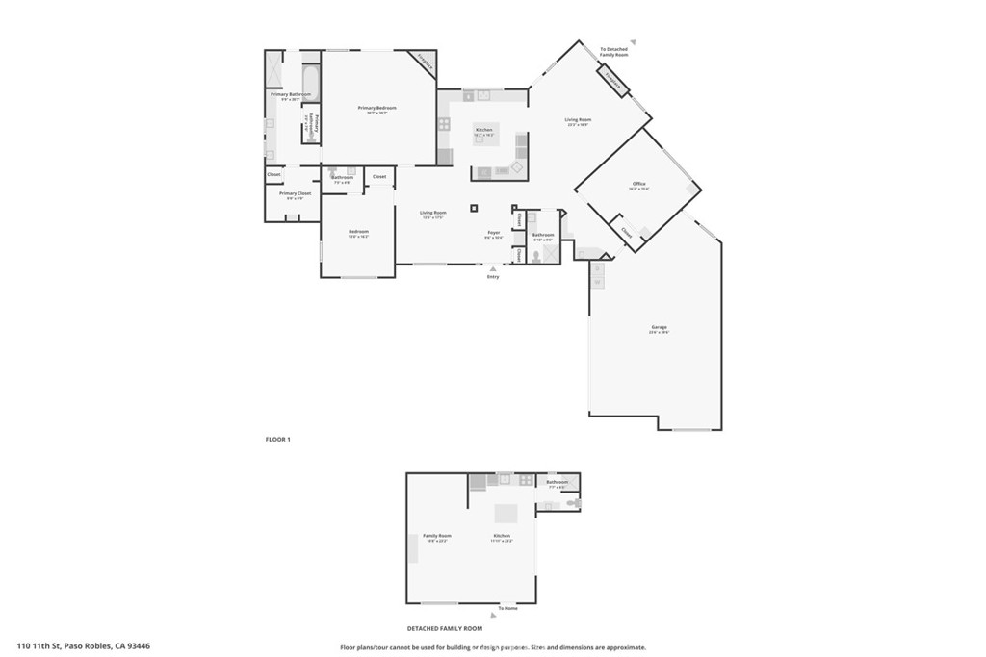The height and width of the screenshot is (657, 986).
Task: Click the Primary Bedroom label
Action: tap(377, 109)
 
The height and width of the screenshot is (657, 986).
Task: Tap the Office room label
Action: tap(638, 184)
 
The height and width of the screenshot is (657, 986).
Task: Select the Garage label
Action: tap(659, 329)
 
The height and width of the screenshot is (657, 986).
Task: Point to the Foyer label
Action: tap(493, 233)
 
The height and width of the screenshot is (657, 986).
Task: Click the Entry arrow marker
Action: tap(493, 268)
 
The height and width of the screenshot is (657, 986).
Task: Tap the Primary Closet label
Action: tap(296, 194)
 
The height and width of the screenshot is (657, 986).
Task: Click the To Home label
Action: tap(507, 608)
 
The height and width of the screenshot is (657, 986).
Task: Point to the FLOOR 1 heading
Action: tap(278, 440)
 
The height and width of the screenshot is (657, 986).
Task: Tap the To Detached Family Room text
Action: tap(614, 52)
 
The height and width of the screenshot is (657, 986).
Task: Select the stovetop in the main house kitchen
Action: tap(444, 123)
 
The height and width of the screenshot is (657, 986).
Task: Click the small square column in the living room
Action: tap(474, 207)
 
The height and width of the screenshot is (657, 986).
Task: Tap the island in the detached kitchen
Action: tap(506, 514)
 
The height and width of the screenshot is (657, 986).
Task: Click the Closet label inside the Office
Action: tap(627, 232)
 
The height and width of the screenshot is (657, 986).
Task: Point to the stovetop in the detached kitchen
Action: tap(526, 479)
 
